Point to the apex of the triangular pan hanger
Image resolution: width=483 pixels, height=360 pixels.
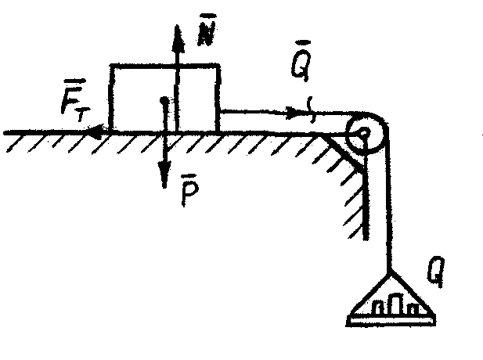(388, 269)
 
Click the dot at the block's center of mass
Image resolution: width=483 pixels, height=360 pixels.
(163, 101)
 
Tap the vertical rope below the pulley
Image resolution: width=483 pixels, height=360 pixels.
(387, 211)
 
